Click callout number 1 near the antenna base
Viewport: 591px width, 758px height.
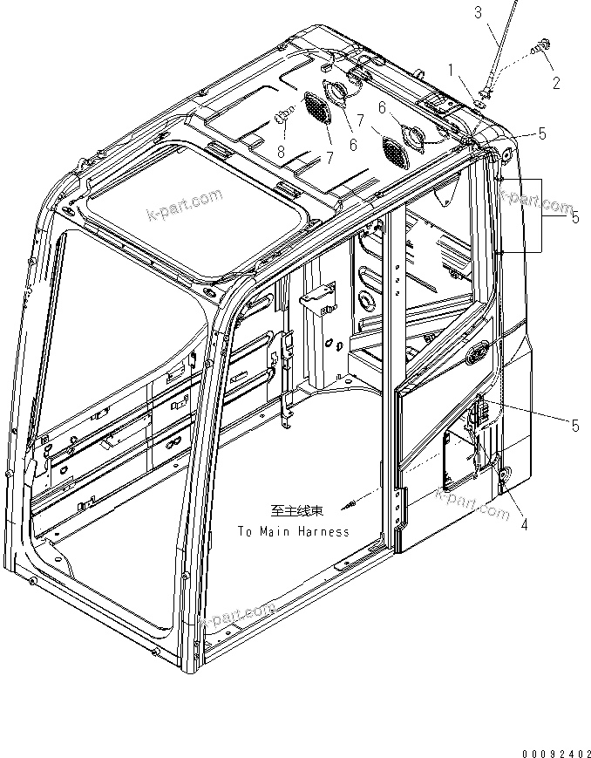coord(452,68)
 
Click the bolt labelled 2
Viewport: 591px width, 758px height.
coord(541,45)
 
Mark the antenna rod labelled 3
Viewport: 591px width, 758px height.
coord(494,52)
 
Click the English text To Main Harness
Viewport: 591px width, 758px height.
coord(293,531)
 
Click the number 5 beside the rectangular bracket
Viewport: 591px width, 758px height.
coord(574,218)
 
